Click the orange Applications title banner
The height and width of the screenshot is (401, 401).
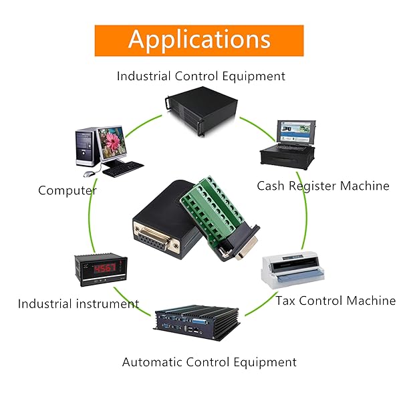click(199, 40)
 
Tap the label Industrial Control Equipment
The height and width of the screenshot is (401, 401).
click(200, 76)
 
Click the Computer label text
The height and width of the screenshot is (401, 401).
click(67, 190)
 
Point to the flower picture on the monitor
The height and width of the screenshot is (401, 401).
click(110, 142)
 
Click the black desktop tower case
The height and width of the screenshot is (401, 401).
click(85, 148)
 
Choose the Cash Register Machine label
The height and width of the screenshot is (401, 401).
click(323, 186)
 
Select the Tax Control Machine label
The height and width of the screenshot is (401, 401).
click(336, 301)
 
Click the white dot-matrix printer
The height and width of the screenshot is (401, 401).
click(293, 270)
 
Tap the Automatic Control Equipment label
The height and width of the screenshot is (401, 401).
click(209, 362)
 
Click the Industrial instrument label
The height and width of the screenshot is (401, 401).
click(78, 303)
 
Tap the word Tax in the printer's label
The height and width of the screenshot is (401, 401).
click(286, 301)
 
